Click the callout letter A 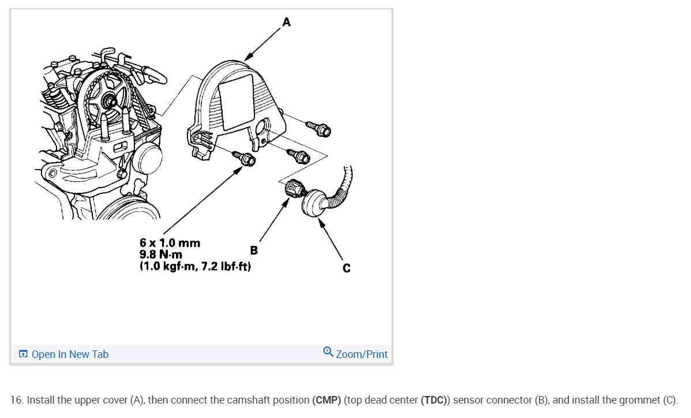pos(287,23)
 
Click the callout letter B pos(254,250)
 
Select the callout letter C pos(346,268)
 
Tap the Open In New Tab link pos(70,354)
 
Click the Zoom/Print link pos(362,354)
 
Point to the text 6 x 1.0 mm pos(170,242)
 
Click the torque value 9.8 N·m pos(162,255)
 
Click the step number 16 pos(16,400)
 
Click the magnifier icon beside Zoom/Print pos(328,352)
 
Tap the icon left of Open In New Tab pos(23,354)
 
